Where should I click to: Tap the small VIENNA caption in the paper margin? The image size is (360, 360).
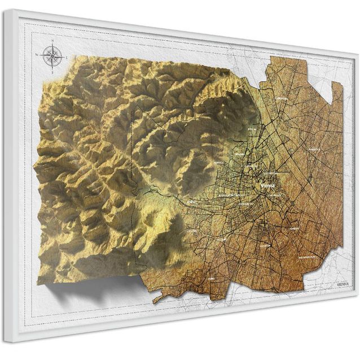coord(343,285)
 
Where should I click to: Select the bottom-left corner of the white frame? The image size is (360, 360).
coord(7,340)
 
